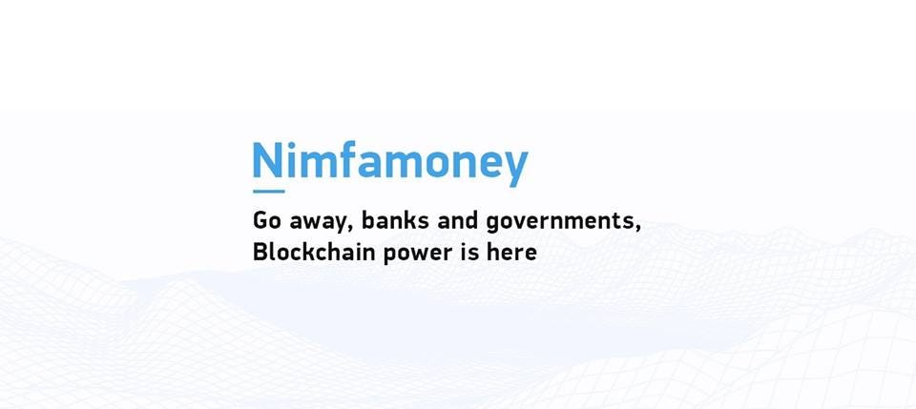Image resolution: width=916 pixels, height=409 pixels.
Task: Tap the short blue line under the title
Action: [x=269, y=191]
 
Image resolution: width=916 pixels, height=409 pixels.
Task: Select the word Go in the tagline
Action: [x=267, y=221]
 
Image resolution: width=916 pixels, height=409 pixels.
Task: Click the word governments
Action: [x=559, y=223]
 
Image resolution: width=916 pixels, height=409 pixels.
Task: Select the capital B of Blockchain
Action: [x=260, y=253]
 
